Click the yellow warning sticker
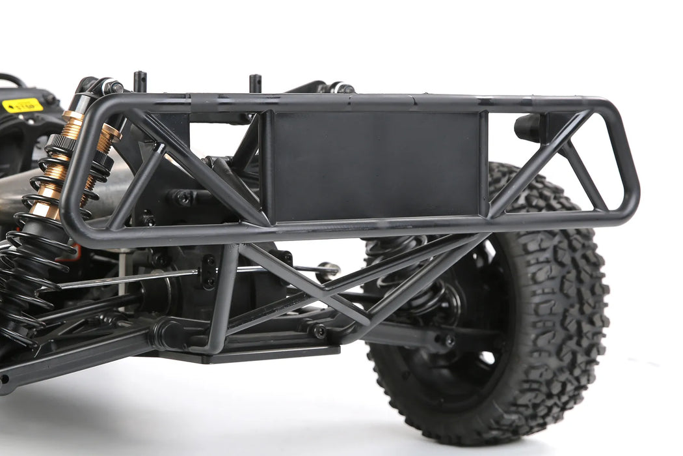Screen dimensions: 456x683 pos(22,105)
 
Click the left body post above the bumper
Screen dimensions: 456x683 pos(140,81)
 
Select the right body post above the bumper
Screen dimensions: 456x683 pos(255,83)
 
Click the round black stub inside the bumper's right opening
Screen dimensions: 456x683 pos(528,127)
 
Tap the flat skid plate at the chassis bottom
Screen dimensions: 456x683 pos(260,354)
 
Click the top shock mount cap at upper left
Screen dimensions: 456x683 pos(111,86)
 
